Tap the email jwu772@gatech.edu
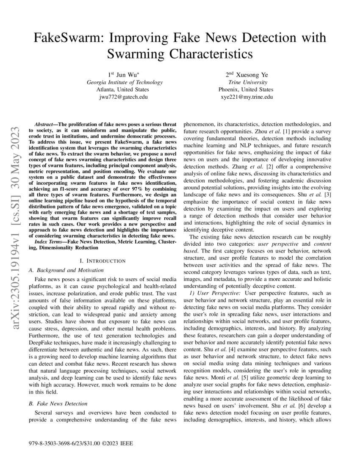click(x=123, y=97)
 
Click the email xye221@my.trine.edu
click(x=246, y=97)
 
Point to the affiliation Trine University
click(x=247, y=82)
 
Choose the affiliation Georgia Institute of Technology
click(x=123, y=82)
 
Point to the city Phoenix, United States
click(x=246, y=89)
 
